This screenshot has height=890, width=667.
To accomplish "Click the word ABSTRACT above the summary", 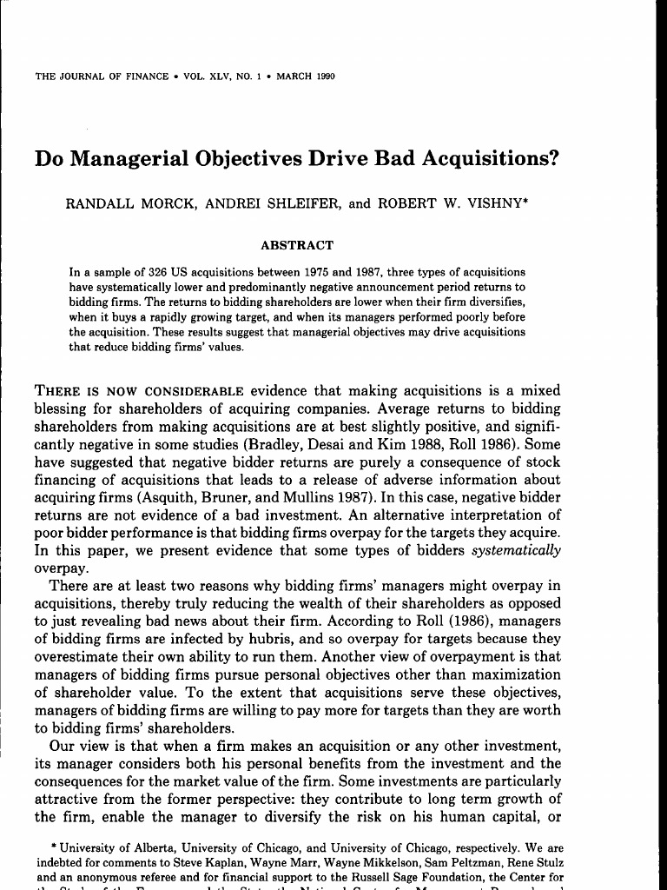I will point(297,246).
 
